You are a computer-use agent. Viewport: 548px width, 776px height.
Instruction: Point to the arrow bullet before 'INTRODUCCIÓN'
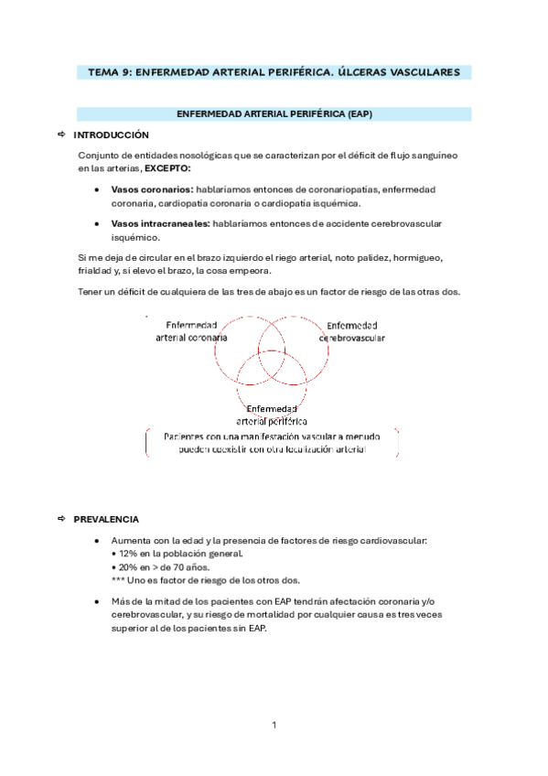coord(60,135)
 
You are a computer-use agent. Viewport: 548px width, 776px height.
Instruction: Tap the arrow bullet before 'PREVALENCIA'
coord(60,519)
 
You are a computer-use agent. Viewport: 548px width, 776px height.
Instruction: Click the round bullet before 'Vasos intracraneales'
coord(97,223)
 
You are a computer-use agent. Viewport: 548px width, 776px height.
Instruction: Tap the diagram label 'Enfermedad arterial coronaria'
coord(191,331)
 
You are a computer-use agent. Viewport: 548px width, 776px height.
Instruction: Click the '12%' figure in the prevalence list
coord(127,554)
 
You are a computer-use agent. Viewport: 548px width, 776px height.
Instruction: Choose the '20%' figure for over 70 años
coord(127,566)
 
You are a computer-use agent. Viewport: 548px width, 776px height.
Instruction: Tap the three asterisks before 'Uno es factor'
coord(117,580)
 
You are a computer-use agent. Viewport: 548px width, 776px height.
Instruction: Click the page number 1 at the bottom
coord(274,726)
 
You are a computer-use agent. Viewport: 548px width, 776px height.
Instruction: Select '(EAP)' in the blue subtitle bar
coord(360,114)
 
